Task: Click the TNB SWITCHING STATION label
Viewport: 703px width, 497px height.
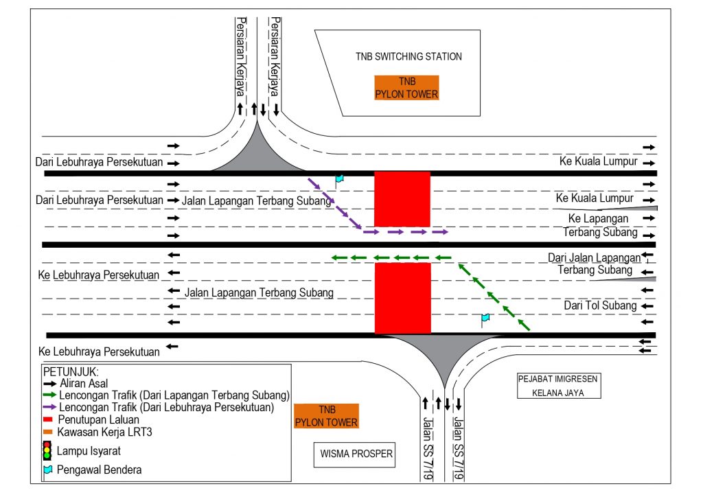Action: coord(408,56)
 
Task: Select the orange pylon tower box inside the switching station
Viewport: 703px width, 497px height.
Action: coord(406,88)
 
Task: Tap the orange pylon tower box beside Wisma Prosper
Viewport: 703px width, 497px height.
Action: coord(326,416)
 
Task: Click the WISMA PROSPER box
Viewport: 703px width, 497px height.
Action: coord(357,454)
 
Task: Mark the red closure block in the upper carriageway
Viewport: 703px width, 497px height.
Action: coord(402,199)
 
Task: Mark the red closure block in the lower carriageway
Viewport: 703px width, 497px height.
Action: coord(402,297)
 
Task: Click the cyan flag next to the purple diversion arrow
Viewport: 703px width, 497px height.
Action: coord(338,180)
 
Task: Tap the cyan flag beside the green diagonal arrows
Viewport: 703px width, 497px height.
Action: coord(485,319)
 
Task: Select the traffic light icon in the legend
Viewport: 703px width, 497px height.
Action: coord(47,450)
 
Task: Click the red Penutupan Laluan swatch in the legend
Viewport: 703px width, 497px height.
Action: coord(47,419)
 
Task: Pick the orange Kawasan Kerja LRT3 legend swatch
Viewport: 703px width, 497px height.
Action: coord(47,431)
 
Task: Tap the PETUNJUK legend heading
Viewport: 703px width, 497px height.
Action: coord(68,371)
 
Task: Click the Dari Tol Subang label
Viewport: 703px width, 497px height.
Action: coord(601,305)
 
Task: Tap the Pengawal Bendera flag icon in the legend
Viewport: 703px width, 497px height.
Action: coord(47,471)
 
